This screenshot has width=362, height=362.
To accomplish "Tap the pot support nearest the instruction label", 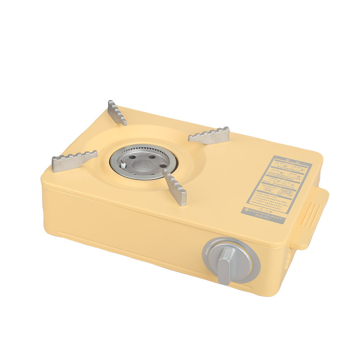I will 209,135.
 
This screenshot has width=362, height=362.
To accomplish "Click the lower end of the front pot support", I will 181,201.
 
